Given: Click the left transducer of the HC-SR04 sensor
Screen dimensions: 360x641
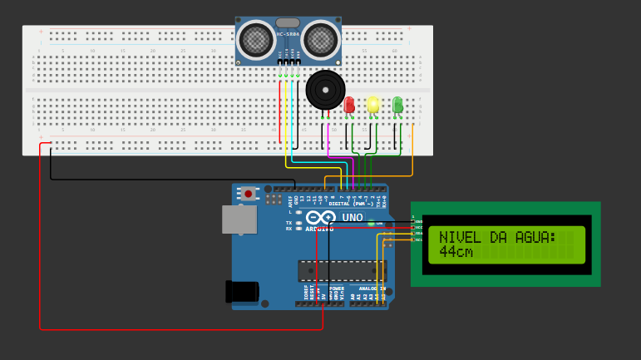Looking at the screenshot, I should pos(256,39).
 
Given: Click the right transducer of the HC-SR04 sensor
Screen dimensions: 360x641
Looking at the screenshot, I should pos(320,39).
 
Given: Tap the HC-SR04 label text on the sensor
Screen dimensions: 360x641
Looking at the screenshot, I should pos(288,34).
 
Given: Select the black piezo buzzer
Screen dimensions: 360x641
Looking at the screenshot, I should pos(325,90).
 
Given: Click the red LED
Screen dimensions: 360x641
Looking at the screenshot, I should pos(349,104).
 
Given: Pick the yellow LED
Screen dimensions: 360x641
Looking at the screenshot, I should pos(373,104).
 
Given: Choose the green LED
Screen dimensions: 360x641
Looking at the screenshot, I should pos(397,104).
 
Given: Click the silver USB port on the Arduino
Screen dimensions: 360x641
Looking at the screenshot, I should pos(239,219).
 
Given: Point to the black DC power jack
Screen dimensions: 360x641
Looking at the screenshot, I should pos(242,291).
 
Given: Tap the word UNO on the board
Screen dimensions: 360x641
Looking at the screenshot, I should pos(353,218).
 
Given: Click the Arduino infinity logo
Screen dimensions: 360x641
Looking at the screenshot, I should pos(320,218).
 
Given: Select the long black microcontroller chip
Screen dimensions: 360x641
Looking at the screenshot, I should pos(342,271).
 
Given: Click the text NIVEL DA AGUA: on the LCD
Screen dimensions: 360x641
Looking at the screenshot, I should pos(497,238).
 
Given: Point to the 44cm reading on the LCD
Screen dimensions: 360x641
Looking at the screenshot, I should pos(456,251).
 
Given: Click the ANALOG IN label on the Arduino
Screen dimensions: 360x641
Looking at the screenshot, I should pos(372,288).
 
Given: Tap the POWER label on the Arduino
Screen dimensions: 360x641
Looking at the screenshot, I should pos(337,288).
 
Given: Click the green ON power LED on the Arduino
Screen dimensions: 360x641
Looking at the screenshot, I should pos(372,223).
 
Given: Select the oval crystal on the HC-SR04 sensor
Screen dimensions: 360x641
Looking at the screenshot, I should pos(288,23).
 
